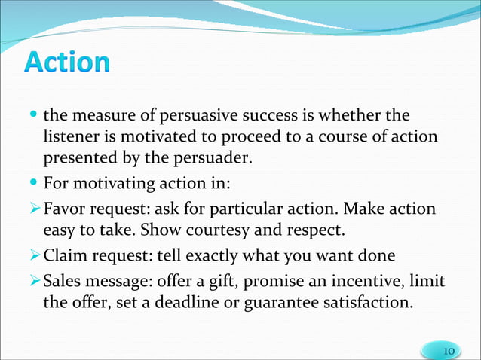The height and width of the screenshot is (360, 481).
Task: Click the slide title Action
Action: [67, 63]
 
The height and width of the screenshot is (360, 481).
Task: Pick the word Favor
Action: [65, 206]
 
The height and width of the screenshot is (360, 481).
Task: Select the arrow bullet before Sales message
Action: [35, 281]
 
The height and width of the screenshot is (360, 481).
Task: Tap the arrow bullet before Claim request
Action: [35, 255]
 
